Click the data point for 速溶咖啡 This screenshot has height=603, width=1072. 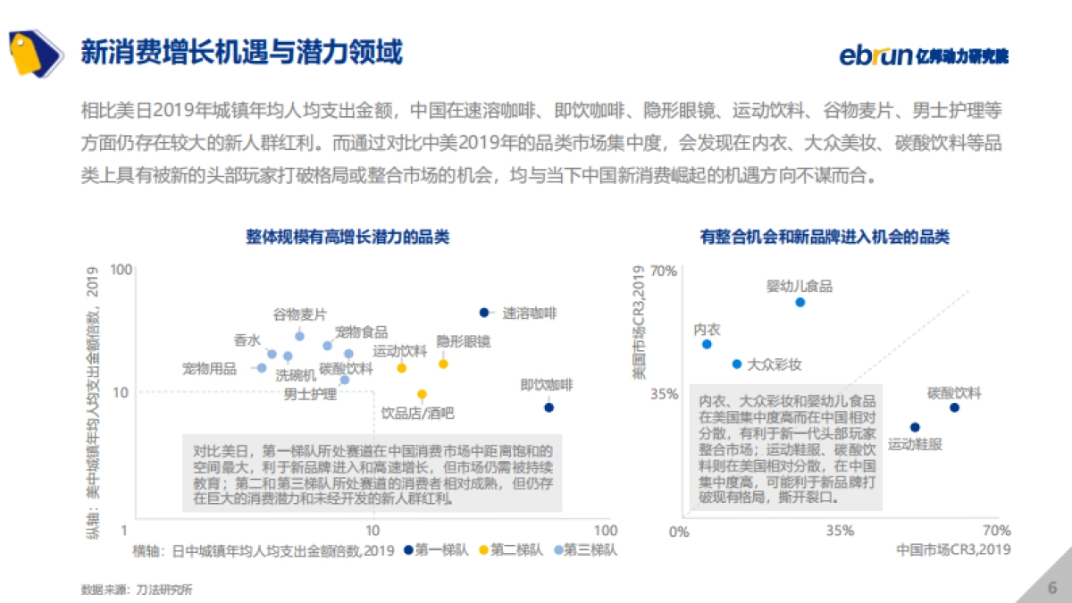484,313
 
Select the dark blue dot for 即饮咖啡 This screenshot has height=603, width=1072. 549,407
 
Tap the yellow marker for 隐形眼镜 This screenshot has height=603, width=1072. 443,364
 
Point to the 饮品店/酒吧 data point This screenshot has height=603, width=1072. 422,394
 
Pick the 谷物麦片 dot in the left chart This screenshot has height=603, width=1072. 299,336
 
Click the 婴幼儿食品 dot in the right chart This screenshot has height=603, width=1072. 800,302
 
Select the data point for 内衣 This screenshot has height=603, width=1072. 707,344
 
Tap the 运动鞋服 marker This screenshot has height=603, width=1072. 915,427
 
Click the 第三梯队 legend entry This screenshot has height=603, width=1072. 584,550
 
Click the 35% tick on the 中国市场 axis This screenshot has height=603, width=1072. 839,531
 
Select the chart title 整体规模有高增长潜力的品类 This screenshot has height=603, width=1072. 348,237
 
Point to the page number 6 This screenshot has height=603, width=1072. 1051,587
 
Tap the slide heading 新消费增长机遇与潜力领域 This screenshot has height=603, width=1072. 241,52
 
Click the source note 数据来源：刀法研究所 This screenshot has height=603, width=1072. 137,590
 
